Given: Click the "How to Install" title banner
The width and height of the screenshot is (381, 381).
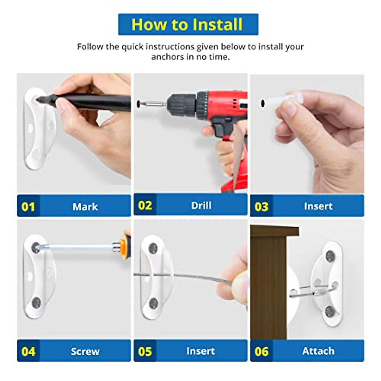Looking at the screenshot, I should tap(188, 24).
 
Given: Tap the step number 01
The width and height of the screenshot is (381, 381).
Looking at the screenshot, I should tap(28, 207).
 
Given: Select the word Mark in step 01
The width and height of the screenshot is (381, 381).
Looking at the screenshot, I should tap(85, 207).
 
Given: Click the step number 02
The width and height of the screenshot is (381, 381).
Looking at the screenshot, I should tap(145, 205).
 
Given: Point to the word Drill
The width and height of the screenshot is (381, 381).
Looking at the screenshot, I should tap(201, 205).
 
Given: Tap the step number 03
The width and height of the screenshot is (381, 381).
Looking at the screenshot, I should tap(261, 207).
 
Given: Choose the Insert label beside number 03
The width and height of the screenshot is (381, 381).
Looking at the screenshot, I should tap(318, 206).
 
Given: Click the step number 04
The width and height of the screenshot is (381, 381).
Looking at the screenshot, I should tap(28, 351).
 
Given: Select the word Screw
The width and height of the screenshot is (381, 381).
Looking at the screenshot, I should tap(85, 351).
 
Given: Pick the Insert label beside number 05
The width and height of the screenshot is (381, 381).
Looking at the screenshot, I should tap(200, 351).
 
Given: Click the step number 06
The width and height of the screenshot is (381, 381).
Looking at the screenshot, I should tap(261, 351).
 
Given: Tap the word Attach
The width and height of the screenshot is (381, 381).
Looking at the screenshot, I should tap(318, 351).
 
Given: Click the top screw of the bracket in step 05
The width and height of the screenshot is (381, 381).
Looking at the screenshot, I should tap(153, 248).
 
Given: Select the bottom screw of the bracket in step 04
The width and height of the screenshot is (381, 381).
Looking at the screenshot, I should tap(37, 302).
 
